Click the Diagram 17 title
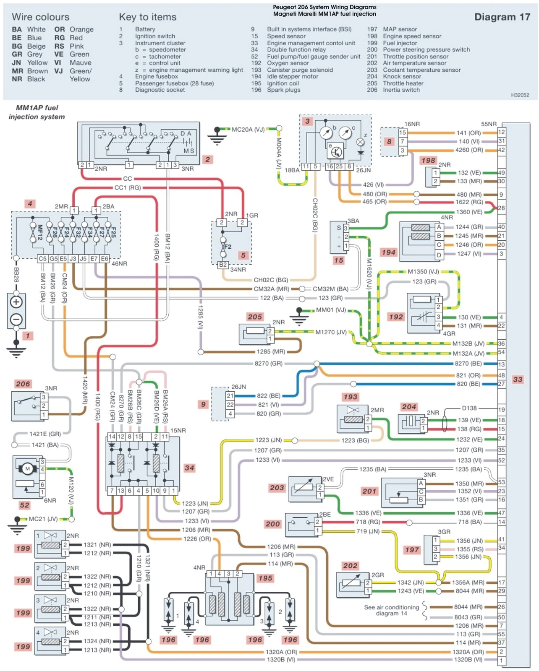pos(502,17)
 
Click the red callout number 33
pos(518,379)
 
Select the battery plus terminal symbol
pos(16,302)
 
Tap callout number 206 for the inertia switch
pos(23,384)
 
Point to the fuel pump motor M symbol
pos(28,468)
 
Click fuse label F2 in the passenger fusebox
pos(228,247)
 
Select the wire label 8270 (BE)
pos(468,364)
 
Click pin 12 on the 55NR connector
pos(501,132)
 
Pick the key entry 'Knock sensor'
pos(402,76)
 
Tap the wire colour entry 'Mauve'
pos(80,62)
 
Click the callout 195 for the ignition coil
pos(265,578)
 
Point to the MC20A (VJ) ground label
pos(248,130)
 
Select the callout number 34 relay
pos(189,468)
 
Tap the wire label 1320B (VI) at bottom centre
pos(281,659)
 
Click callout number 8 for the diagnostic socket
pos(389,141)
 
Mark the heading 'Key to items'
pos(148,17)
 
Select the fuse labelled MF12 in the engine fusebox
pos(40,232)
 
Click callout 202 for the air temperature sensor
pos(350,566)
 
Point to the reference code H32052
pos(520,95)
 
